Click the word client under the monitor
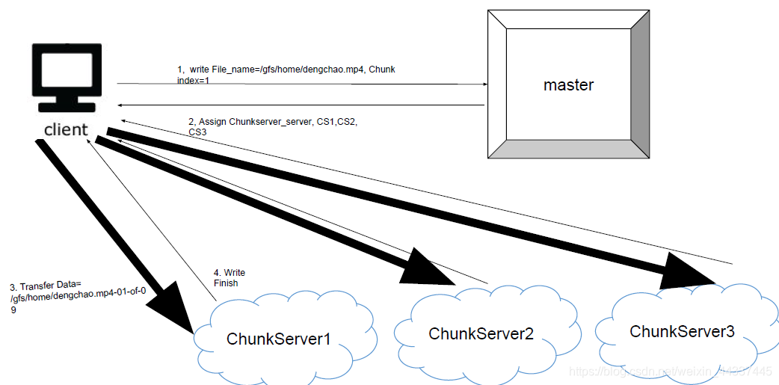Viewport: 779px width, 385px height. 66,129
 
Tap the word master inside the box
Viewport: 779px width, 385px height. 568,84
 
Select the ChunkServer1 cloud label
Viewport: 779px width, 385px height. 278,339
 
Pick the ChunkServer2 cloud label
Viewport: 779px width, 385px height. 481,333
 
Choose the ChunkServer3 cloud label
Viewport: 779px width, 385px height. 682,331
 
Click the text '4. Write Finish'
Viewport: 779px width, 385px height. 229,277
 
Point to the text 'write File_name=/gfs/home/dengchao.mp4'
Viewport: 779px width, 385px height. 284,70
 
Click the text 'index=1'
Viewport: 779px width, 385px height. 193,80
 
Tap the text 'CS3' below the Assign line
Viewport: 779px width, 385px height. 197,132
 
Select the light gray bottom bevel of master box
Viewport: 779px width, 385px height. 568,149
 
